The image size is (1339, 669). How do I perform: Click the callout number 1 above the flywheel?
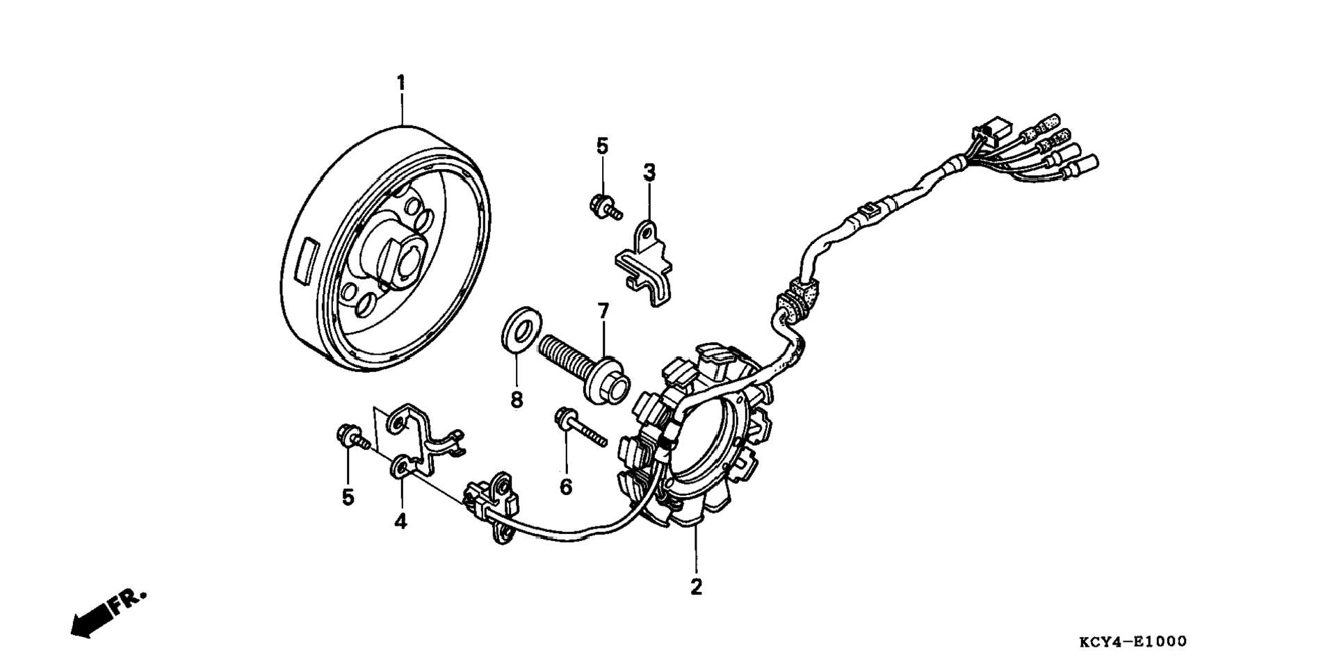401,83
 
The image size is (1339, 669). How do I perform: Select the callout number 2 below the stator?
696,586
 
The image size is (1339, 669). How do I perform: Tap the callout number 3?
649,171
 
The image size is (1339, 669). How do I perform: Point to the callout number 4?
400,520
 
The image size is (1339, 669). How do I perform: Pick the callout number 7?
603,310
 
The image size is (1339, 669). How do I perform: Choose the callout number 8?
517,400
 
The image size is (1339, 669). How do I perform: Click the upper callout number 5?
602,146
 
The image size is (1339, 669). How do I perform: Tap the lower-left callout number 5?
348,497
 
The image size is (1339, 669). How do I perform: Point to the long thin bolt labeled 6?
581,429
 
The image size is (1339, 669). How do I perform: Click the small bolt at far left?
351,439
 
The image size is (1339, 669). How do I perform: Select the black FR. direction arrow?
94,618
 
